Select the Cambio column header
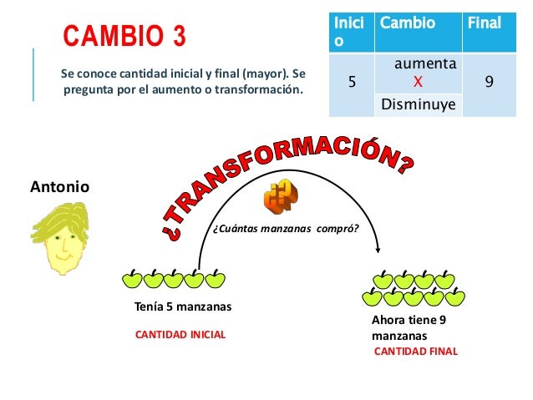408,23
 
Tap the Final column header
485,23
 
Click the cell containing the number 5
351,83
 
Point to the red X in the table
418,82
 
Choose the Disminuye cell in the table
418,104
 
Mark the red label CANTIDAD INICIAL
180,334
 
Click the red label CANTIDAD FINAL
415,352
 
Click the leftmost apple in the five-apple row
133,277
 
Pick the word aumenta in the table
425,63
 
